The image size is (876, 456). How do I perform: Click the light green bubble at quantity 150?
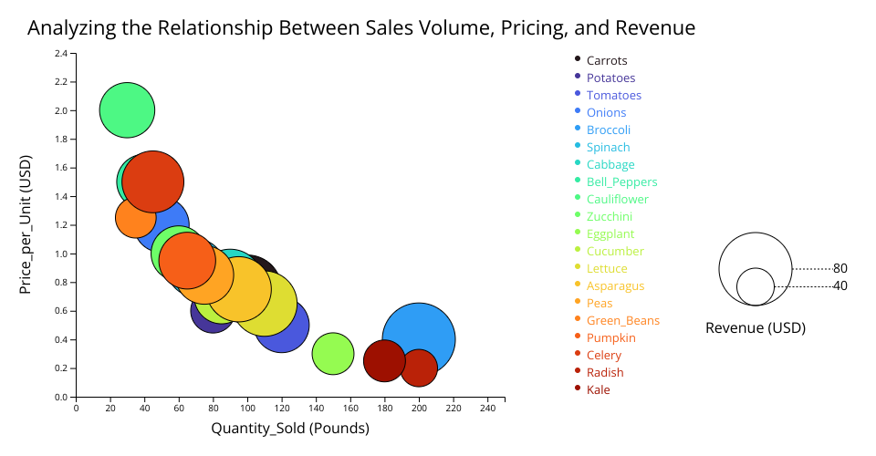(333, 354)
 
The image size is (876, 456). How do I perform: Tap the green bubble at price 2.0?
(127, 110)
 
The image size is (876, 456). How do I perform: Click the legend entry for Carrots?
(607, 61)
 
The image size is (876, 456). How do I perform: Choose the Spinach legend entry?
(608, 148)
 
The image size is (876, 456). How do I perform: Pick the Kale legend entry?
(599, 390)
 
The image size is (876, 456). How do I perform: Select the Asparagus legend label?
(615, 286)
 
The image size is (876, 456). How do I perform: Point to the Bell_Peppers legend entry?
(621, 182)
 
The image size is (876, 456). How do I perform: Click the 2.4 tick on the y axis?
(61, 54)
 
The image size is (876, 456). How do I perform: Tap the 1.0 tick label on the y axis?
(61, 254)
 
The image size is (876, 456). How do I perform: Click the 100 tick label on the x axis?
(247, 408)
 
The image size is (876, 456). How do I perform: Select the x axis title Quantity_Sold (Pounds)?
(290, 428)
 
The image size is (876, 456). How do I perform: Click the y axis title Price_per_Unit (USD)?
(26, 224)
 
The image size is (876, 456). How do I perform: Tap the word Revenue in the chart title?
(656, 28)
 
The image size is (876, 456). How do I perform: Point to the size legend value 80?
(840, 269)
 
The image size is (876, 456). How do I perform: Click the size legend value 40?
(840, 286)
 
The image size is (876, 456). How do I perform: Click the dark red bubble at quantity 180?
(384, 360)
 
